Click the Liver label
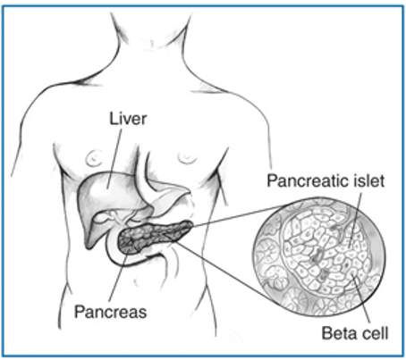click(128, 119)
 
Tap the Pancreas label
click(111, 312)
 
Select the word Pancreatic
click(307, 180)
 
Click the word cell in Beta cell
click(374, 332)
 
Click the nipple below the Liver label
click(94, 158)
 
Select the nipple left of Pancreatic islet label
click(186, 158)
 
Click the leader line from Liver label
click(114, 159)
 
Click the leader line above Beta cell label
click(361, 298)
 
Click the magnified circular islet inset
click(318, 258)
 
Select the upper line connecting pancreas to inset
click(239, 215)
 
